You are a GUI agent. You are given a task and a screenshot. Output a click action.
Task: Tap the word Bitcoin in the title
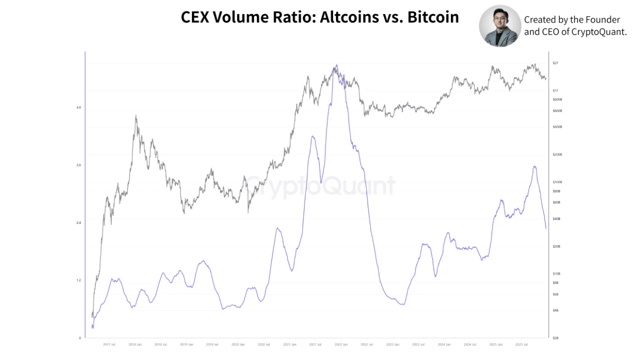[433, 17]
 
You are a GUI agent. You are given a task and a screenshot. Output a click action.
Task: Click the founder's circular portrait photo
[500, 26]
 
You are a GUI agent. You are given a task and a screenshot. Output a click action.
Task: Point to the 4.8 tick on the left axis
[78, 107]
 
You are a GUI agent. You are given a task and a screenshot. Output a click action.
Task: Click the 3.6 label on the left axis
[78, 165]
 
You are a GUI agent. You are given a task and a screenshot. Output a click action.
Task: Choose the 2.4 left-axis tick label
[78, 222]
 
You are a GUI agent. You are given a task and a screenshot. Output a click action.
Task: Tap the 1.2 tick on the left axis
[78, 280]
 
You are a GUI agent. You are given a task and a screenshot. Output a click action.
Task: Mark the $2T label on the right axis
[555, 63]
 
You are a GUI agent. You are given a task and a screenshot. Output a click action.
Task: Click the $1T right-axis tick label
[555, 90]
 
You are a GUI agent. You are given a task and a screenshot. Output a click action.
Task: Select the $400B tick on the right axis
[557, 127]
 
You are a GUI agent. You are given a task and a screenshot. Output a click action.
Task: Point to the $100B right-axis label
[557, 182]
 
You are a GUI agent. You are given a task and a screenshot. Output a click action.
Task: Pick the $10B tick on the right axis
[556, 274]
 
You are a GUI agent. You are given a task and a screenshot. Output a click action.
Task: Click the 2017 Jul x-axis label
[109, 344]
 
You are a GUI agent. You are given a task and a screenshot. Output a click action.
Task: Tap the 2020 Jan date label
[238, 344]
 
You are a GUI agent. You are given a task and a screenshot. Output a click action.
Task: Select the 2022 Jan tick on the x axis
[341, 344]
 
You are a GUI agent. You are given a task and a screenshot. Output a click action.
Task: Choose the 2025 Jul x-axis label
[522, 344]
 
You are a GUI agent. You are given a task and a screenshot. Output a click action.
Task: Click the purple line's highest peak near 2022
[336, 65]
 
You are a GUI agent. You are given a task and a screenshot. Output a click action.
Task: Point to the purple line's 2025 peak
[534, 166]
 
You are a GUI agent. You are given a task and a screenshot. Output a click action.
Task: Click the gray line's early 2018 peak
[136, 116]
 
